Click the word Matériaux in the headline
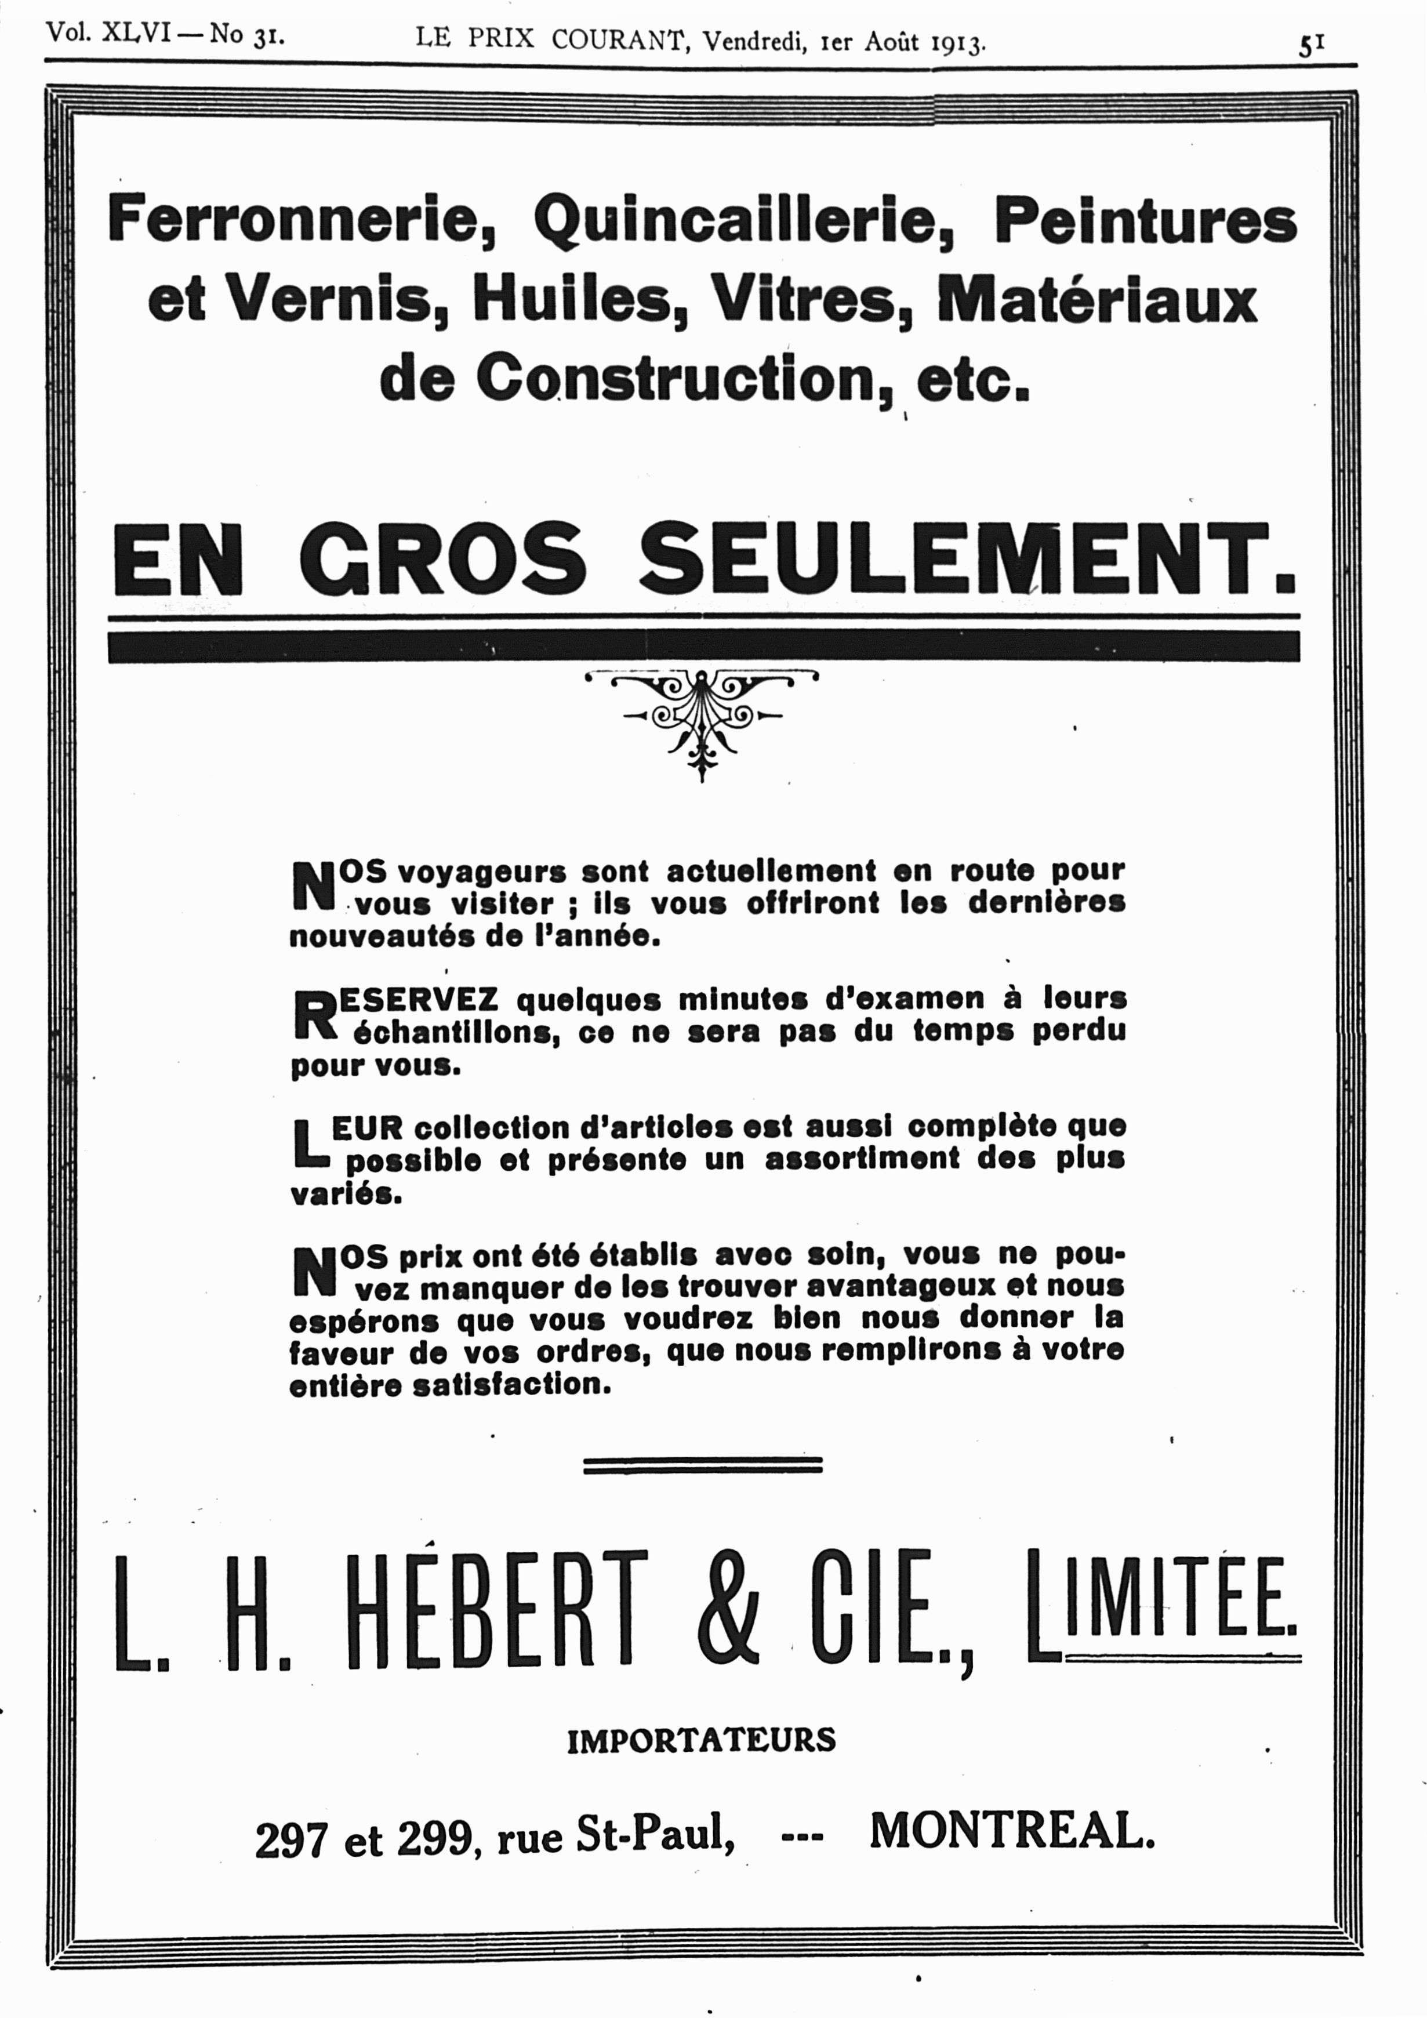coord(1098,299)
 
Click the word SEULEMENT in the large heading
coord(967,560)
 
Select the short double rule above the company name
coord(702,1464)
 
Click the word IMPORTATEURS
coord(701,1740)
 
